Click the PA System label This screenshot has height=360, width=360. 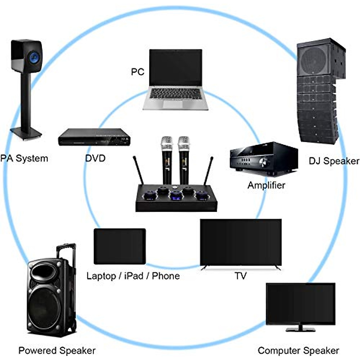[x=24, y=158]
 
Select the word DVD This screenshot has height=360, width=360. [x=95, y=158]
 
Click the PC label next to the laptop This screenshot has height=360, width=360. [x=137, y=72]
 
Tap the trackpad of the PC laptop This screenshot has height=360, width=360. [x=173, y=104]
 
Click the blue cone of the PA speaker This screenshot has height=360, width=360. [x=34, y=56]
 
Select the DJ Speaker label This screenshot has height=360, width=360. [x=334, y=161]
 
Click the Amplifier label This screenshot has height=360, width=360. [x=266, y=185]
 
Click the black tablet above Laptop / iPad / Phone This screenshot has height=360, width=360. [x=120, y=246]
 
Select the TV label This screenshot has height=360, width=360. [x=241, y=276]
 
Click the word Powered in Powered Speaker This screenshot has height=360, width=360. [x=37, y=350]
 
